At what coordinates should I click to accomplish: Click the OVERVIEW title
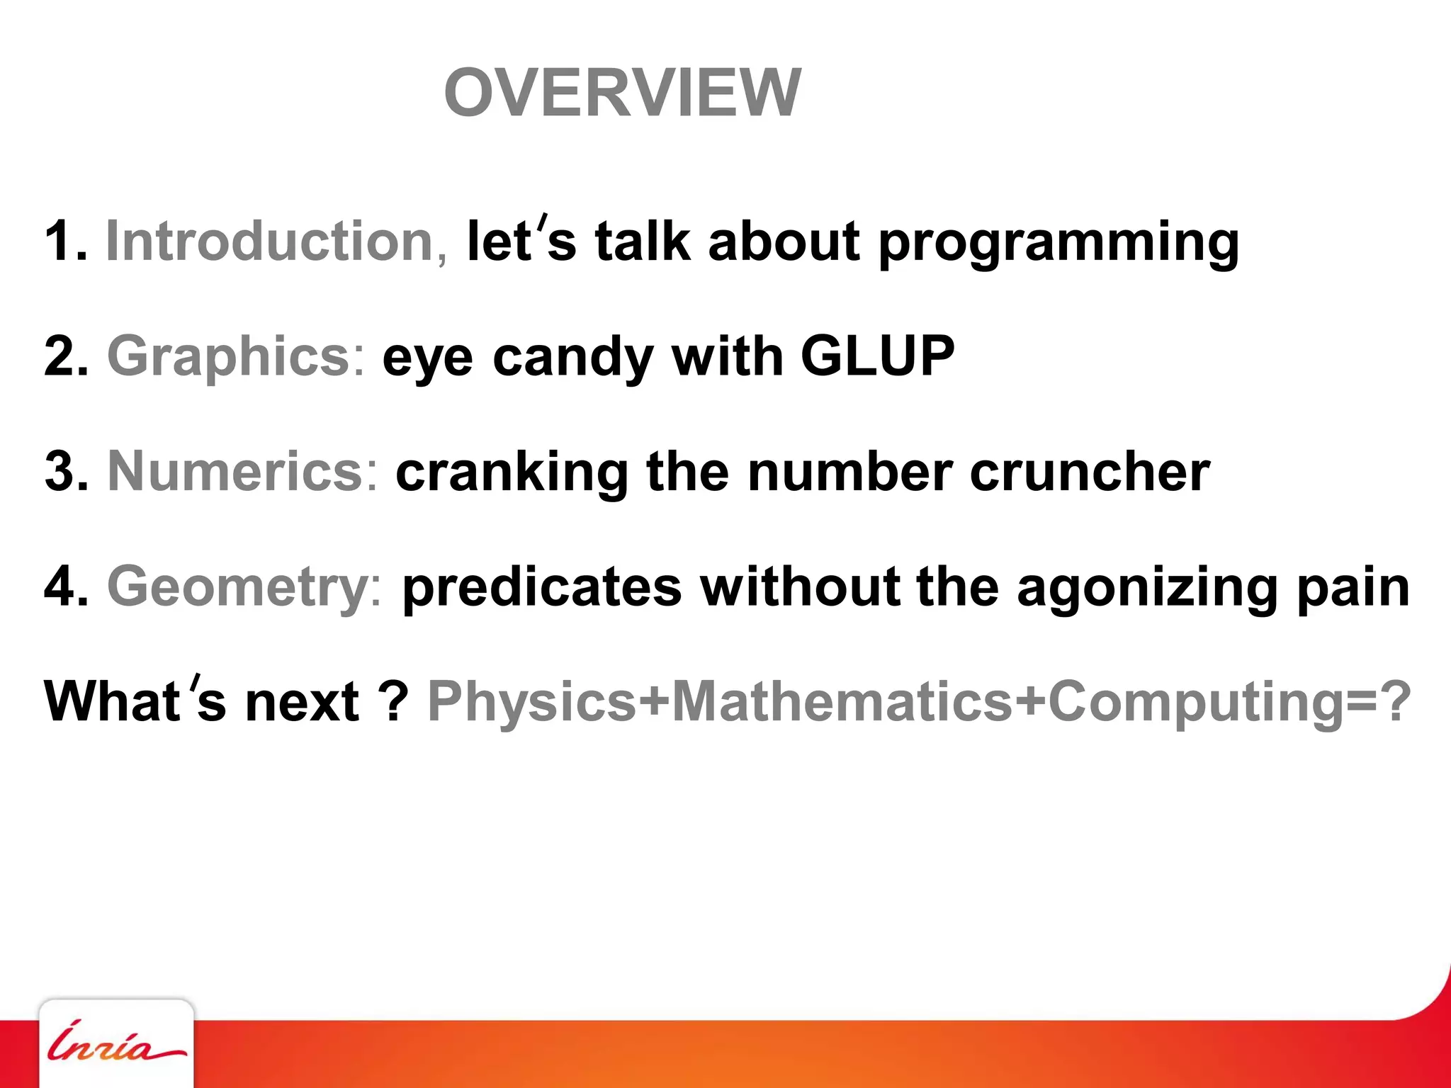click(622, 93)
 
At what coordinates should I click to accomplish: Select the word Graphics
click(235, 357)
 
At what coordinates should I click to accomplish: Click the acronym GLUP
click(877, 356)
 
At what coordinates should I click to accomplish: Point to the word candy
click(572, 358)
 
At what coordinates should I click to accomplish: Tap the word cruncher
click(1090, 472)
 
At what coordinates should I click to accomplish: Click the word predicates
click(541, 589)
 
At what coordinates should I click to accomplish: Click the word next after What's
click(302, 703)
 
